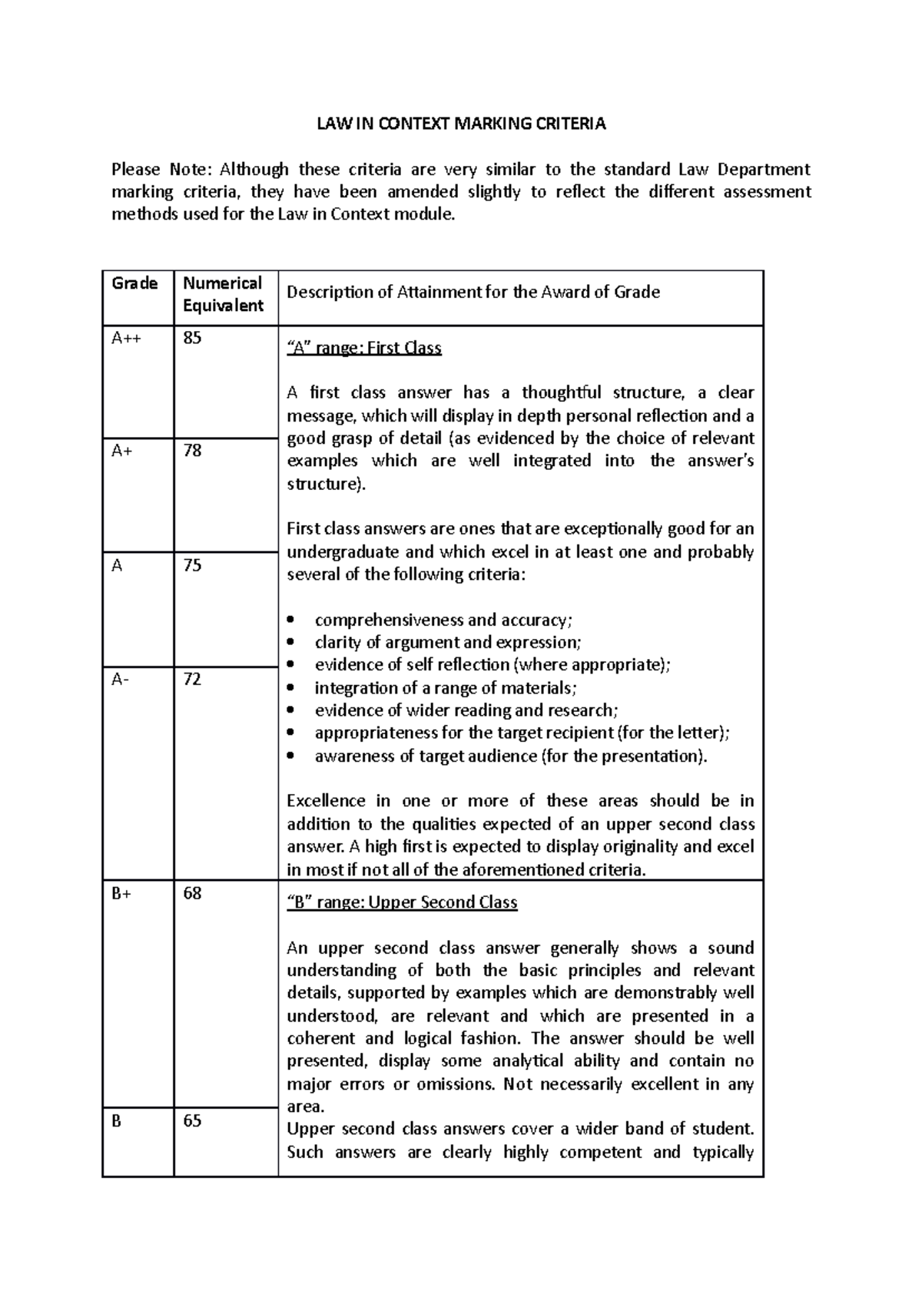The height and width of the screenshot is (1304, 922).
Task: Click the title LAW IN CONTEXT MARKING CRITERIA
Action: point(462,124)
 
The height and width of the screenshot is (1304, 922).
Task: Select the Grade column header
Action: point(134,283)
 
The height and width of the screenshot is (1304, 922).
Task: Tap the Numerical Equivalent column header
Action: point(223,294)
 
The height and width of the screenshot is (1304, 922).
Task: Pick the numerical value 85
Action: point(192,338)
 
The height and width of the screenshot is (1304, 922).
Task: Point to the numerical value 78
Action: point(192,451)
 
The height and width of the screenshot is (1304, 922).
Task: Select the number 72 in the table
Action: point(192,679)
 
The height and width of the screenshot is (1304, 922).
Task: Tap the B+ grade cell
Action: point(121,893)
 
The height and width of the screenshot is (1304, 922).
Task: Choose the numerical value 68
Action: point(192,893)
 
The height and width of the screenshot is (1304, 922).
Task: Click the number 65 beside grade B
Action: point(192,1120)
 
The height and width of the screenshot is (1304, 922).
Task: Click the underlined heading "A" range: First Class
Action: point(364,348)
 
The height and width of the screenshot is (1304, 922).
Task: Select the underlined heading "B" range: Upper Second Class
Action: point(402,902)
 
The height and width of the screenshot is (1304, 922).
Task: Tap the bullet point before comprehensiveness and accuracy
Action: point(290,620)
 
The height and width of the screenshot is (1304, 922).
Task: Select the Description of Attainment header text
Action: point(473,292)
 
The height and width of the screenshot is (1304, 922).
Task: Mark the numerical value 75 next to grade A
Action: point(192,565)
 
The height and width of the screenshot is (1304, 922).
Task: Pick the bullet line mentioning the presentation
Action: point(510,756)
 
